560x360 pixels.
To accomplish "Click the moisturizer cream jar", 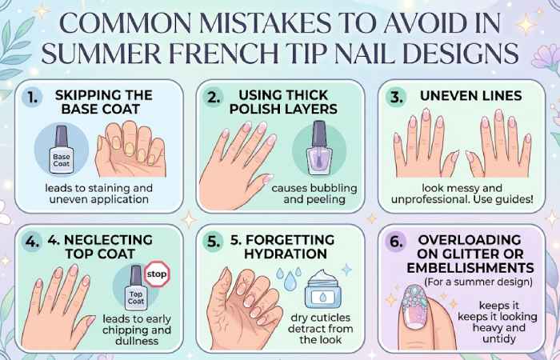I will point(324,286).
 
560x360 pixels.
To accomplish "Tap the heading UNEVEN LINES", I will point(471,96).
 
